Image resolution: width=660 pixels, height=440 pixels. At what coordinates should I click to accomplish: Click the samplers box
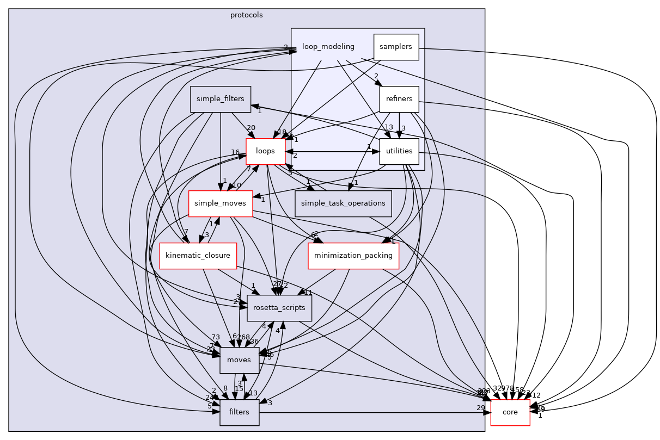tap(396, 47)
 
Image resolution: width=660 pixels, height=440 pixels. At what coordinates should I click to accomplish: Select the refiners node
tap(399, 100)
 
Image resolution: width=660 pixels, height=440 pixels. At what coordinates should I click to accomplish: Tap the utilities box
tap(399, 151)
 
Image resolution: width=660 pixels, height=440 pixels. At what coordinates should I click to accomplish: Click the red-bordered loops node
tap(266, 151)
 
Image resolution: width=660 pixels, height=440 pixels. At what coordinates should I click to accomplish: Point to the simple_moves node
tap(220, 203)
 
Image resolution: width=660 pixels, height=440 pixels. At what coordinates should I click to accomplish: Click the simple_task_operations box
tap(343, 203)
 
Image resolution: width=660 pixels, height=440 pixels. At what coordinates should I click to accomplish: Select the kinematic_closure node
tap(198, 256)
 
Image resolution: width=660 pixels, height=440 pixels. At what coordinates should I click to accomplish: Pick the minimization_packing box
tap(353, 256)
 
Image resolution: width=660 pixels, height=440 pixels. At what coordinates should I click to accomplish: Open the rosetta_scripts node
tap(279, 308)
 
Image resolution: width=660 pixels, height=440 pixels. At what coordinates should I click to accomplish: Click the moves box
tap(239, 360)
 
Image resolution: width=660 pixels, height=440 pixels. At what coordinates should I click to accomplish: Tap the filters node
tap(239, 412)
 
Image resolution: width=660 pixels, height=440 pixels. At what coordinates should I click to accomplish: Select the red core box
tap(510, 412)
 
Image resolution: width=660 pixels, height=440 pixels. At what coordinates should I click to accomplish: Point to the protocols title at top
tap(246, 15)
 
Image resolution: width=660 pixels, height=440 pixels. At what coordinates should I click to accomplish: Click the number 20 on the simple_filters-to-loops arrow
tap(250, 127)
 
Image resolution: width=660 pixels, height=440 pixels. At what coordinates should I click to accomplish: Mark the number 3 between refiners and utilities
tap(404, 128)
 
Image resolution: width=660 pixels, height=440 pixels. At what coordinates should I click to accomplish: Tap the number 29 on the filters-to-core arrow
tap(480, 408)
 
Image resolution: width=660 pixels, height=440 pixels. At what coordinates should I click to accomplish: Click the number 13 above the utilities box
tap(389, 127)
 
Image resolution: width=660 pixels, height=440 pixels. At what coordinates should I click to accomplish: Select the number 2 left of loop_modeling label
tap(285, 47)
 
